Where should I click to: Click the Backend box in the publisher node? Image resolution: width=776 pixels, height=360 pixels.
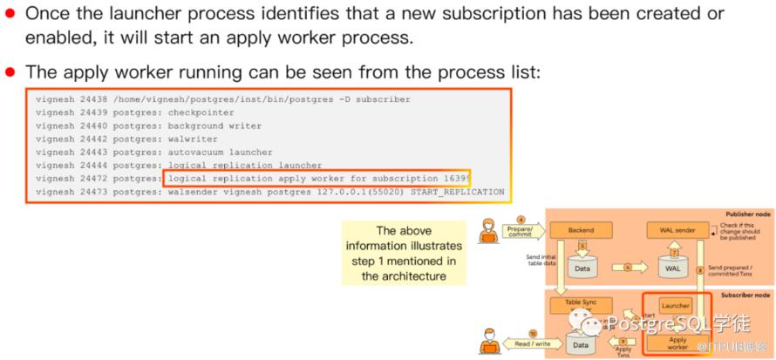coord(581,230)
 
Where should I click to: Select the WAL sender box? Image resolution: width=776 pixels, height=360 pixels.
coord(677,230)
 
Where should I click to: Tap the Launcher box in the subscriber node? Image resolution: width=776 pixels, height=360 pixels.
coord(677,306)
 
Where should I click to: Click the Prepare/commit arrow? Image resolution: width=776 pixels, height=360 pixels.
coord(524,231)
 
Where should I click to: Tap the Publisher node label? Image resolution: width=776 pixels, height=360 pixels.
coord(747,214)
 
